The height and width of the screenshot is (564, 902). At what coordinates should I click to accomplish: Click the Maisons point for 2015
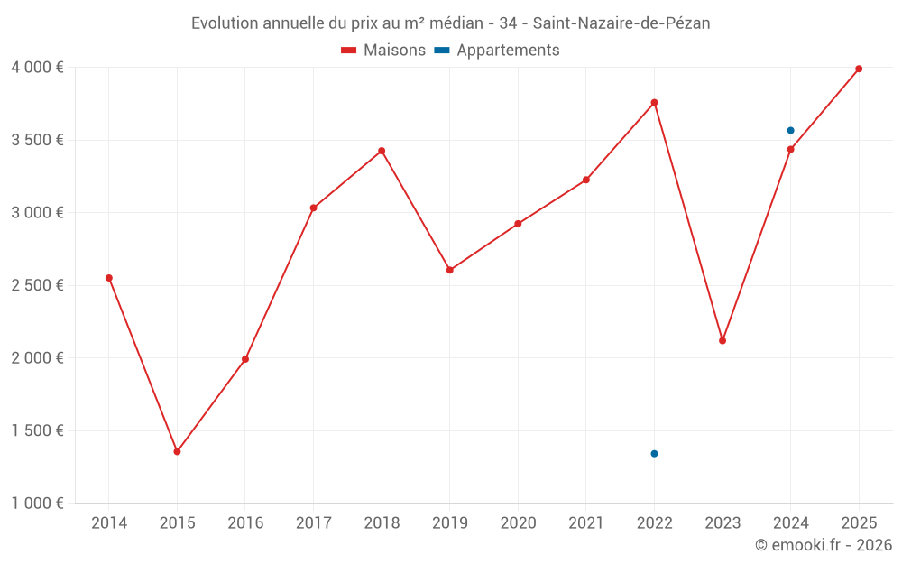(x=177, y=451)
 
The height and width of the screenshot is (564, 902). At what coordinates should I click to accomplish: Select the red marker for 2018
(x=382, y=151)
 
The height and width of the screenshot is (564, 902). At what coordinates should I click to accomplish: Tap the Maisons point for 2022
(x=654, y=103)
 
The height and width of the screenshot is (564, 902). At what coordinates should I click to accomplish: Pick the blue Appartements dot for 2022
(x=654, y=454)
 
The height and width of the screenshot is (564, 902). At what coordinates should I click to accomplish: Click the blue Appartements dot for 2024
(x=790, y=131)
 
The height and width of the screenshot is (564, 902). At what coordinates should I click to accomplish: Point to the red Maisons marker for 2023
(x=723, y=340)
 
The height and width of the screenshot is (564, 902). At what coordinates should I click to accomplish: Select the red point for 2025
(x=859, y=69)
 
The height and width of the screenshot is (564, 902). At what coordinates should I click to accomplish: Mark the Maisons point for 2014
(x=109, y=278)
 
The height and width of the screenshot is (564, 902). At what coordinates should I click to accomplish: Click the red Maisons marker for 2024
(x=790, y=150)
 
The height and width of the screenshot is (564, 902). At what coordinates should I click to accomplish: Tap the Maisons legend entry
(x=383, y=51)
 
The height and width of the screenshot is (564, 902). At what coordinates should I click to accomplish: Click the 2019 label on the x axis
(x=450, y=523)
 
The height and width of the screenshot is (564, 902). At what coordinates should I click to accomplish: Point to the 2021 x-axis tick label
(x=586, y=523)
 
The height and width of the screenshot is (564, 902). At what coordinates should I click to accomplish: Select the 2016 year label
(x=245, y=523)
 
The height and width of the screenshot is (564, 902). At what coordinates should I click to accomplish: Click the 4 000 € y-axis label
(x=37, y=68)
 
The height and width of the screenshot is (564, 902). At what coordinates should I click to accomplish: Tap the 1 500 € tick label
(x=37, y=430)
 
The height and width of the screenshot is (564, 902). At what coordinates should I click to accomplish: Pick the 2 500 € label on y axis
(x=37, y=285)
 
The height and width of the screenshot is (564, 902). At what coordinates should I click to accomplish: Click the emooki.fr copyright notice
(x=823, y=545)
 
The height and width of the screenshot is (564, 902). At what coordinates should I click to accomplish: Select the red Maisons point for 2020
(x=518, y=224)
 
